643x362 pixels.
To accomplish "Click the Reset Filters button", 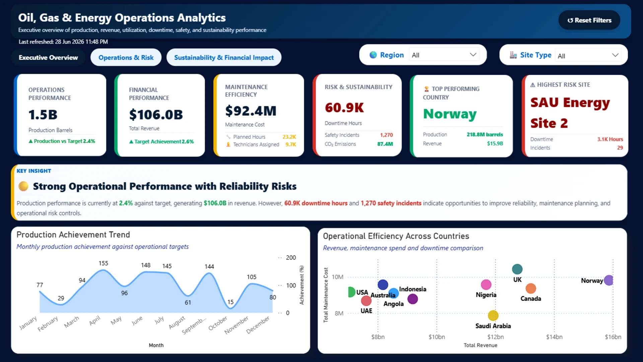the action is click(x=589, y=20).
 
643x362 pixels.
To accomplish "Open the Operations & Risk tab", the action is click(x=126, y=57).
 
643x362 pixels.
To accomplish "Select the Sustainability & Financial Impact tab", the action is click(x=224, y=57).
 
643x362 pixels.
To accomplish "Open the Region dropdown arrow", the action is click(x=473, y=55).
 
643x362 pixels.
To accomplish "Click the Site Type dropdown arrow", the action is click(x=615, y=55).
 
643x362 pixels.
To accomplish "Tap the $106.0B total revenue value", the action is click(x=156, y=115).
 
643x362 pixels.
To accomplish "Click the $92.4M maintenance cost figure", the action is click(x=251, y=111).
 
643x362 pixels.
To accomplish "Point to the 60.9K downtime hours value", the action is click(x=344, y=108).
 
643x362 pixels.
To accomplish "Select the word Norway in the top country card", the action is click(x=450, y=114).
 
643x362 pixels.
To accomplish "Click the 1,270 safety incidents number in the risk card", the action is click(x=386, y=135).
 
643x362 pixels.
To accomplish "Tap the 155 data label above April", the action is click(x=103, y=263).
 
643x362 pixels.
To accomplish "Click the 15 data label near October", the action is click(x=230, y=302).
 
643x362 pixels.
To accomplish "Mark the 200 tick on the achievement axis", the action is click(x=291, y=257).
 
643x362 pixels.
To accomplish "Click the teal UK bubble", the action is click(x=517, y=269).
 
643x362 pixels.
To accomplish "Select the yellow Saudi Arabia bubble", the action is click(x=493, y=315).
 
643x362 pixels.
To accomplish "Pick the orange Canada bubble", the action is click(x=531, y=288).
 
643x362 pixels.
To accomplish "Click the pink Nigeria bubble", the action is click(x=486, y=285).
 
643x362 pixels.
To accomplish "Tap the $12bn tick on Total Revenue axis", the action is click(x=495, y=337).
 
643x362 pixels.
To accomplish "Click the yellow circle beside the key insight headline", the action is click(x=23, y=186).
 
